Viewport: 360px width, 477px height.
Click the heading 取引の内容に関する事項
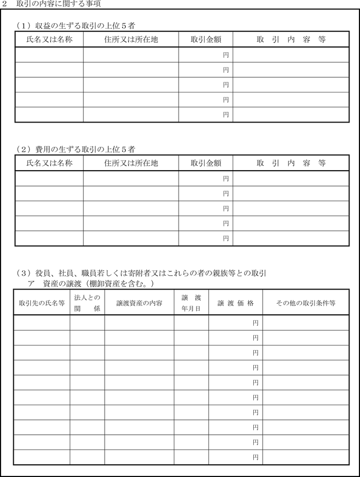pyautogui.click(x=58, y=4)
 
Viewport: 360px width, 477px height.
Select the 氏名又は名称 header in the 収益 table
pyautogui.click(x=49, y=39)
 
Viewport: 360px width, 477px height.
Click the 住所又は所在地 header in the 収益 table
pyautogui.click(x=131, y=39)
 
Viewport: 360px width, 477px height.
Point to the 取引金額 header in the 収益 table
pyautogui.click(x=206, y=39)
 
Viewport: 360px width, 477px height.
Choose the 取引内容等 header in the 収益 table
pyautogui.click(x=291, y=39)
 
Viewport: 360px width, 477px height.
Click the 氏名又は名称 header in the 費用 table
pyautogui.click(x=49, y=163)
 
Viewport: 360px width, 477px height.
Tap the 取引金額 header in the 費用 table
pyautogui.click(x=206, y=163)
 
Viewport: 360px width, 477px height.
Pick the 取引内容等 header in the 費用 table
pyautogui.click(x=291, y=163)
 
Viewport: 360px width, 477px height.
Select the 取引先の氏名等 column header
pyautogui.click(x=42, y=303)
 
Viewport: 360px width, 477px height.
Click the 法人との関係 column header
pyautogui.click(x=87, y=303)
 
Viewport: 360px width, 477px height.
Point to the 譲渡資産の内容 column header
pyautogui.click(x=139, y=303)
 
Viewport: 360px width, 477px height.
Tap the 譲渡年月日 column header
pyautogui.click(x=191, y=303)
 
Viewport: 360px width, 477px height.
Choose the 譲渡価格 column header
pyautogui.click(x=236, y=303)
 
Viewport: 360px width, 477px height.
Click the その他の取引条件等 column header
pyautogui.click(x=306, y=303)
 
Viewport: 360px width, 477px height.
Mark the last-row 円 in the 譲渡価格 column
pyautogui.click(x=256, y=457)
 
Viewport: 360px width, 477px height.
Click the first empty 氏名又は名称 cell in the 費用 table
pyautogui.click(x=49, y=179)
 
